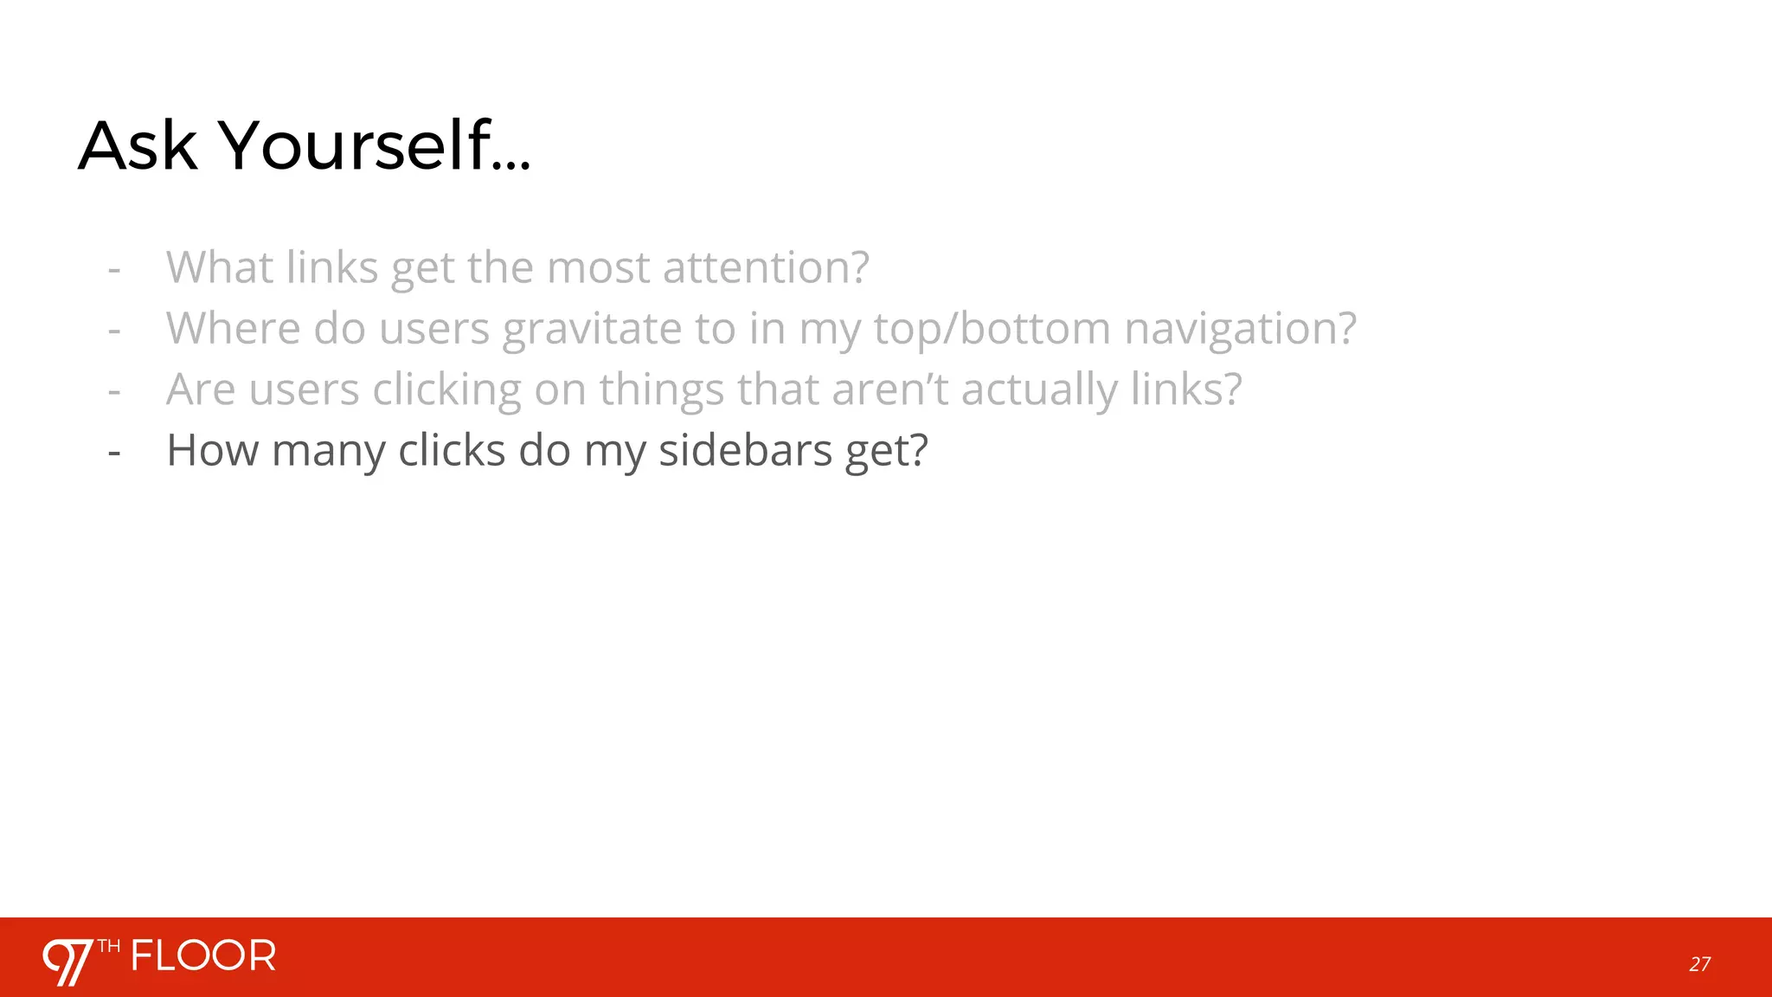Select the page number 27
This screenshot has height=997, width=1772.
point(1699,964)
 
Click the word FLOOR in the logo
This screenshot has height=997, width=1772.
point(203,956)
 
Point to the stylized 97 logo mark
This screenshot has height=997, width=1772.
point(67,962)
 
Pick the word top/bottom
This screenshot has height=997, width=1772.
point(992,329)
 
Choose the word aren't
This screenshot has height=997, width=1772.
point(890,389)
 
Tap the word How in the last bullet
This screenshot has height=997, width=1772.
point(212,450)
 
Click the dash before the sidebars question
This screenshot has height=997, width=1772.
point(114,452)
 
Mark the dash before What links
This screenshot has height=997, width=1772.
point(114,269)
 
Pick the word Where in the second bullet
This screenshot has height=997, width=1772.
point(233,329)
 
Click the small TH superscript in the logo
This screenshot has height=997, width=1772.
point(109,946)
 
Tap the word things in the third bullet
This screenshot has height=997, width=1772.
point(661,389)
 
